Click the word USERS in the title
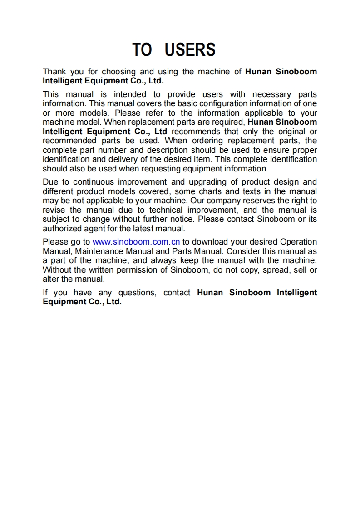coord(190,49)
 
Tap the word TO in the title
coord(142,49)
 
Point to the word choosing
coord(118,72)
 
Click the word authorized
coord(61,229)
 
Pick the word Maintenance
coord(99,251)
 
